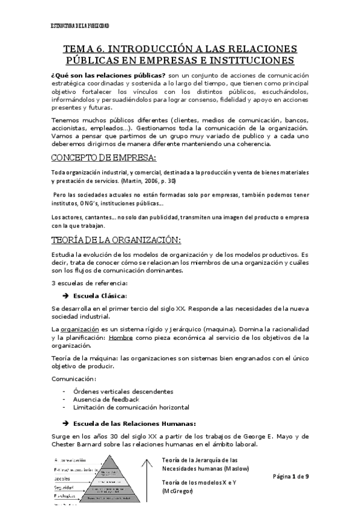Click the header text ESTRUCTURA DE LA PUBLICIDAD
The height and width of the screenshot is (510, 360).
tap(80, 26)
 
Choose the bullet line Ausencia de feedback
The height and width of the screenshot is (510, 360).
tap(106, 399)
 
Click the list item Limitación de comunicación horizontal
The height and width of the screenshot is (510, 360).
tap(130, 407)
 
